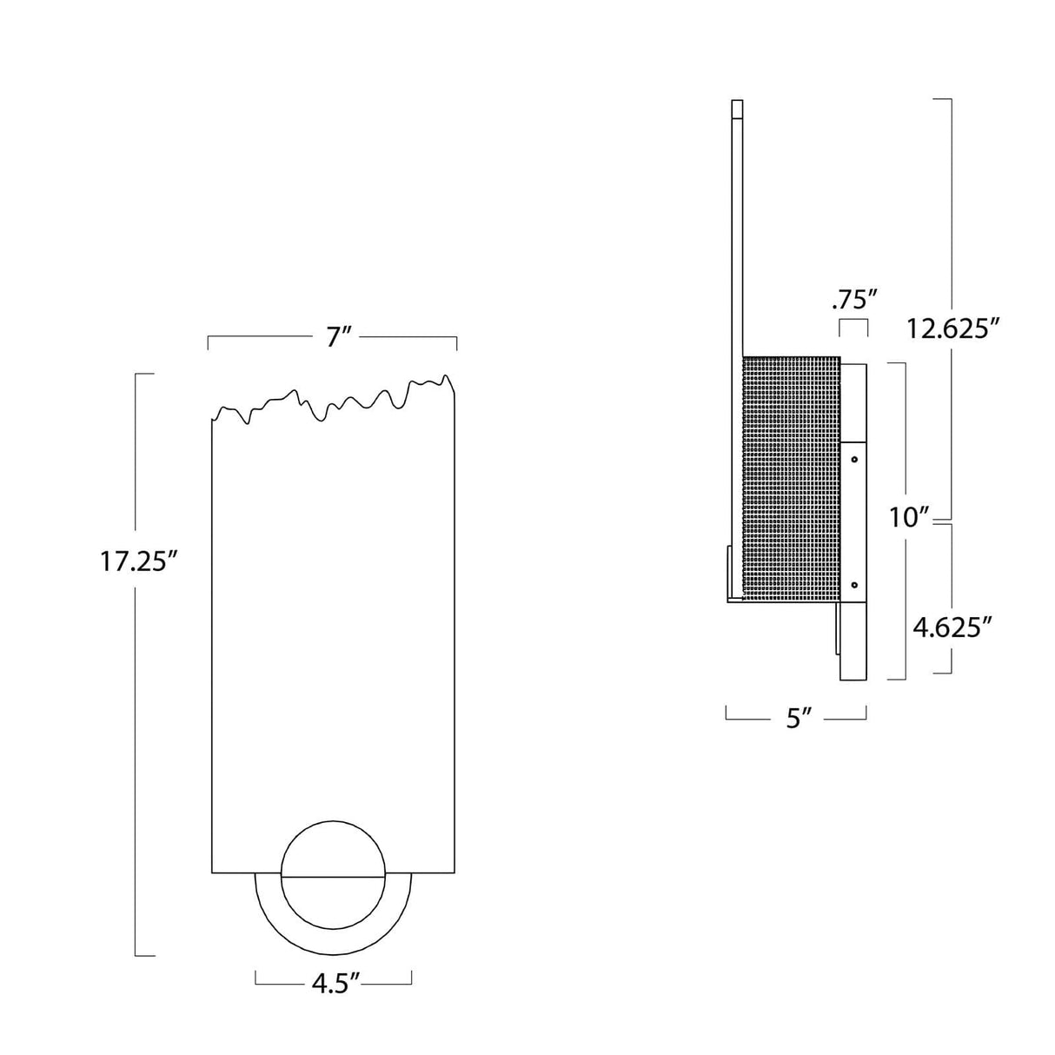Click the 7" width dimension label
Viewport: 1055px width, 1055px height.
(x=336, y=337)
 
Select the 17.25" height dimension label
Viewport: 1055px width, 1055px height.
(x=138, y=562)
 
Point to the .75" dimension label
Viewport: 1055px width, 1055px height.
(x=853, y=301)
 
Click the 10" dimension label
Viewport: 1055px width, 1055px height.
(x=910, y=518)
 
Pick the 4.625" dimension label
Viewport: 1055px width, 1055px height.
(x=952, y=627)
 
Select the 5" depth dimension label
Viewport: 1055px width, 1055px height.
(x=798, y=719)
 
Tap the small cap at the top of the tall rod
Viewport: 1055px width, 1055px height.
(x=738, y=109)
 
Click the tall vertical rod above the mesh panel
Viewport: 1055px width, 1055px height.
(x=738, y=243)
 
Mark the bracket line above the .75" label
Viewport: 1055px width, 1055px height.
(x=853, y=322)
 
